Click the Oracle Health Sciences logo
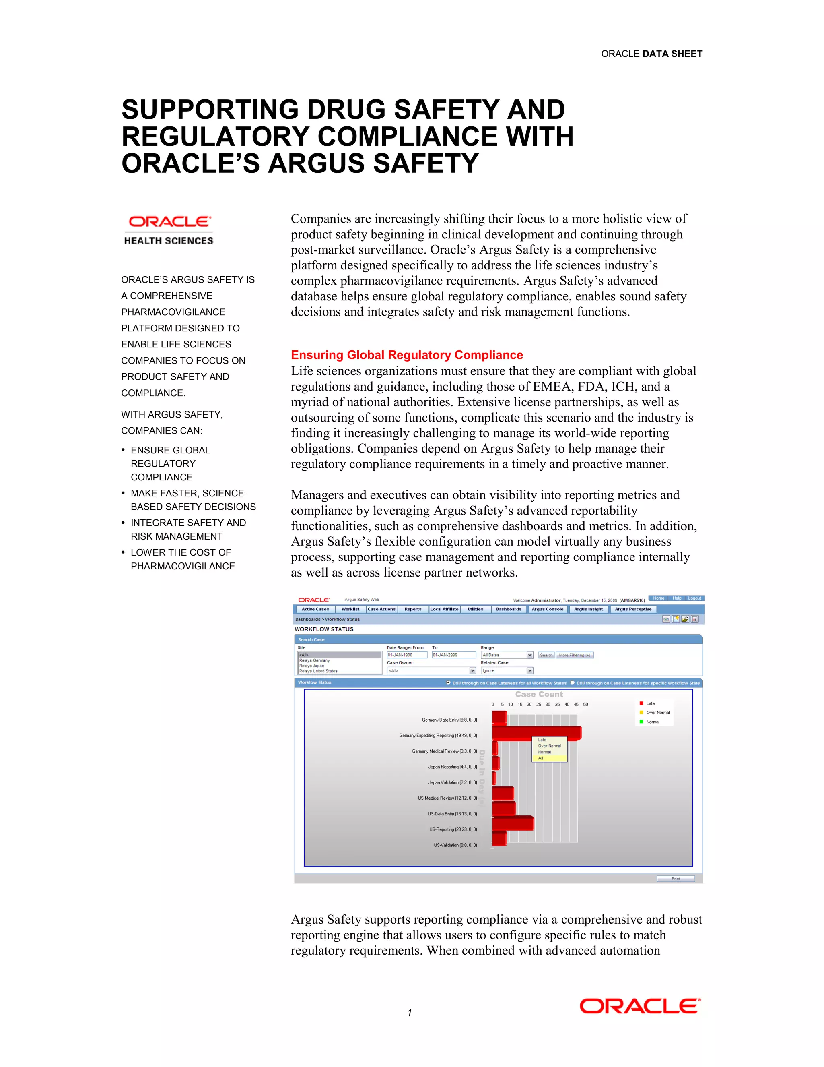tap(169, 231)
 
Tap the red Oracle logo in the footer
tap(640, 1007)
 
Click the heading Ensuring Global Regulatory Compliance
tap(407, 355)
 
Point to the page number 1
tap(410, 1013)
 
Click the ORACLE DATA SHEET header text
tap(651, 54)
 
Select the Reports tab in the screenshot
tap(413, 609)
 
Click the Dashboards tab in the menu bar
tap(509, 609)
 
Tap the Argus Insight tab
tap(588, 609)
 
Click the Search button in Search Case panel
tap(546, 655)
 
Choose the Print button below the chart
tap(676, 879)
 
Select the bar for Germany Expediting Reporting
tap(536, 733)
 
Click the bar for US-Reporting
tap(513, 824)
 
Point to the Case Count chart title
tap(539, 694)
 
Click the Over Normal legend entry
tap(657, 713)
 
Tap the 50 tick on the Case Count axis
tap(585, 705)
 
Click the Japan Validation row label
tap(453, 782)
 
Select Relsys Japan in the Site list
tap(312, 666)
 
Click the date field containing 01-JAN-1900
tap(407, 655)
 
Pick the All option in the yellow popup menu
tap(541, 758)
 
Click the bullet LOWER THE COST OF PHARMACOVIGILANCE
tap(183, 559)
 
